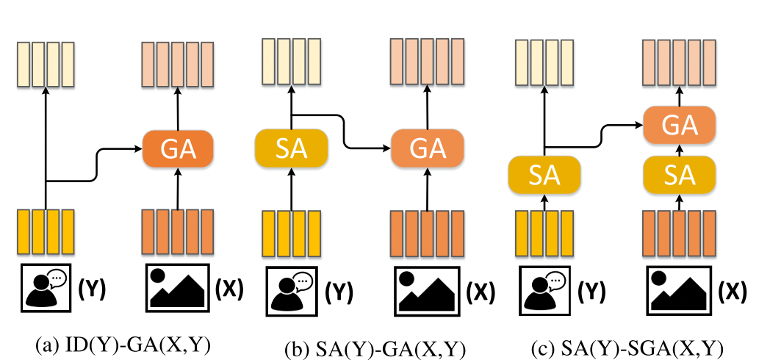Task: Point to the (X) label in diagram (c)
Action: click(x=733, y=289)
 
